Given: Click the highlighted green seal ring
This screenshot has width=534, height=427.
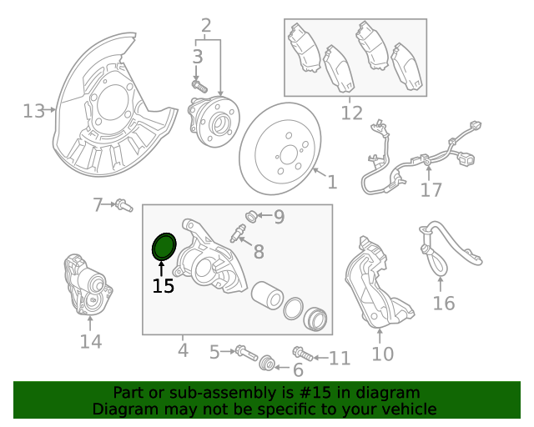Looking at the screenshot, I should click(x=164, y=247).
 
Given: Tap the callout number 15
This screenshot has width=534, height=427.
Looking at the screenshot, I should click(x=163, y=287).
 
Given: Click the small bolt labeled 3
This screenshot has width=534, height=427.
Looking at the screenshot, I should click(x=198, y=84).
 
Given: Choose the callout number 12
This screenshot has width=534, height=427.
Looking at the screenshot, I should click(x=352, y=113).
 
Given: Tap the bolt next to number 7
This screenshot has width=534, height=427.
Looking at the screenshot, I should click(x=123, y=203).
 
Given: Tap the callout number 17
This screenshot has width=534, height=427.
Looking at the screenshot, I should click(x=431, y=190).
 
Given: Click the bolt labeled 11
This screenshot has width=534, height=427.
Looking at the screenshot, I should click(x=302, y=355).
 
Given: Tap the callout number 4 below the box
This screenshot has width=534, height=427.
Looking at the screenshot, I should click(x=183, y=350).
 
